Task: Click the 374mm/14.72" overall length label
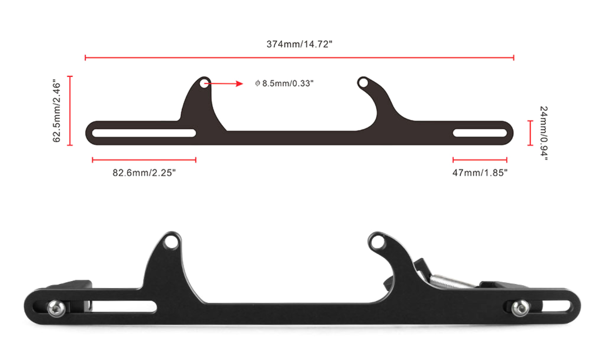pos(299,44)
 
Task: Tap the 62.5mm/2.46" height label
pos(57,111)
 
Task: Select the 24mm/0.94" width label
pos(544,133)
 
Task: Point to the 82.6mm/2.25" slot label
pos(144,172)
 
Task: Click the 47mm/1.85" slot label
pos(480,172)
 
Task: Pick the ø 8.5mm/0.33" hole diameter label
pos(284,83)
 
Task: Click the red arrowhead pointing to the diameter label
pos(239,84)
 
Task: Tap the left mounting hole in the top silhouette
pos(204,83)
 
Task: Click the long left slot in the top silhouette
pos(144,133)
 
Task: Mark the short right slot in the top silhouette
pos(480,133)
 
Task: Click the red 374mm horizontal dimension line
pos(299,57)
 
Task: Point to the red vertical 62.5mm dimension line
pos(70,111)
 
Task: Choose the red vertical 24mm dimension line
pos(530,133)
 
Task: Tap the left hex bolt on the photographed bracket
pos(56,308)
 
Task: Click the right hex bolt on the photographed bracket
pos(520,308)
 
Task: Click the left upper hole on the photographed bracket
pos(171,242)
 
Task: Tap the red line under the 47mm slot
pos(480,160)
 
